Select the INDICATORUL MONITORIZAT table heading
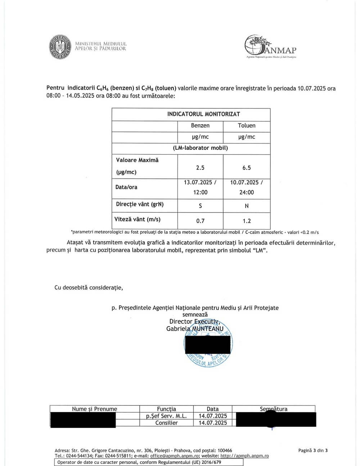(203, 114)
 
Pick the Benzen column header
(200, 126)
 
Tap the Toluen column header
(247, 126)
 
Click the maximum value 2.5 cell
(200, 168)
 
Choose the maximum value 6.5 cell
(247, 168)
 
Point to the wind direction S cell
(200, 206)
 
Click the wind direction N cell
(247, 206)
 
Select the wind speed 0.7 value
(200, 221)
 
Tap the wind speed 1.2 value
(247, 221)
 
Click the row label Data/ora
(126, 187)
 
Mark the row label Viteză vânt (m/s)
(138, 219)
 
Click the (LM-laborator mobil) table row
(200, 148)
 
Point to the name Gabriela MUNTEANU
(195, 329)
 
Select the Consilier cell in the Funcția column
(166, 423)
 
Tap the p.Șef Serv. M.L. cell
(166, 416)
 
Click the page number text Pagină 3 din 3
(313, 450)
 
